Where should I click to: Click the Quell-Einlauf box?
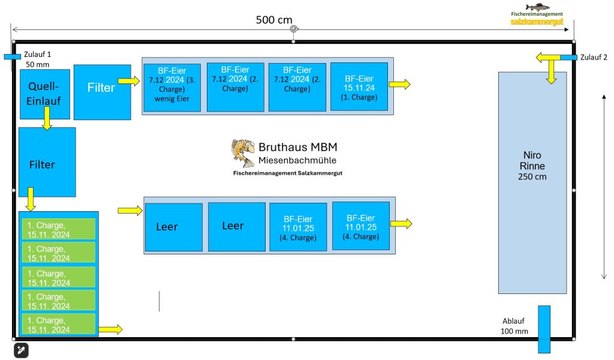[x=45, y=94]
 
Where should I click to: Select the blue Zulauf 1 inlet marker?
[x=12, y=56]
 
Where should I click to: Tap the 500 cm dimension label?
[x=274, y=20]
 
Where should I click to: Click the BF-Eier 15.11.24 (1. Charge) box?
[x=359, y=87]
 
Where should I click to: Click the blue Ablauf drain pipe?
[x=544, y=329]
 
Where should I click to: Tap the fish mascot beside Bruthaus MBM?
[x=243, y=152]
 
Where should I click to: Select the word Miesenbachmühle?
[x=297, y=161]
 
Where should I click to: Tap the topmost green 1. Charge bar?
[x=59, y=229]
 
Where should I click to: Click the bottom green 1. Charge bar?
[x=59, y=324]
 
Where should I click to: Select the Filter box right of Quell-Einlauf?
[x=102, y=92]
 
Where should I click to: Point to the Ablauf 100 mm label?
[x=514, y=326]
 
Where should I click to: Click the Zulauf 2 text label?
[x=593, y=58]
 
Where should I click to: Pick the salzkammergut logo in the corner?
[x=537, y=15]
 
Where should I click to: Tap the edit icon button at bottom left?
[x=20, y=350]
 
